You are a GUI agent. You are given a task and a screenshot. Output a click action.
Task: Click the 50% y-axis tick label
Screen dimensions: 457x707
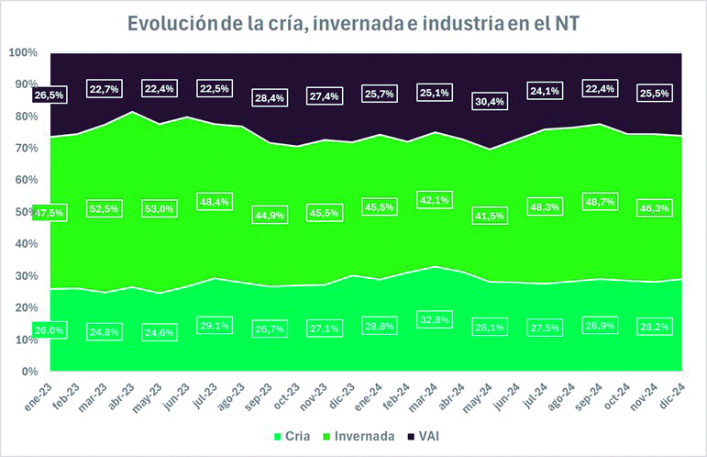[23, 212]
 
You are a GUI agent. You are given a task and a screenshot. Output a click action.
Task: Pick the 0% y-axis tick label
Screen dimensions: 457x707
[27, 372]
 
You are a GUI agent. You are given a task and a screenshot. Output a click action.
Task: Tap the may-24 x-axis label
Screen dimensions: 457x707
[479, 395]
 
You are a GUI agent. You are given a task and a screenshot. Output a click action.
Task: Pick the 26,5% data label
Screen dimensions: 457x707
[49, 95]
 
